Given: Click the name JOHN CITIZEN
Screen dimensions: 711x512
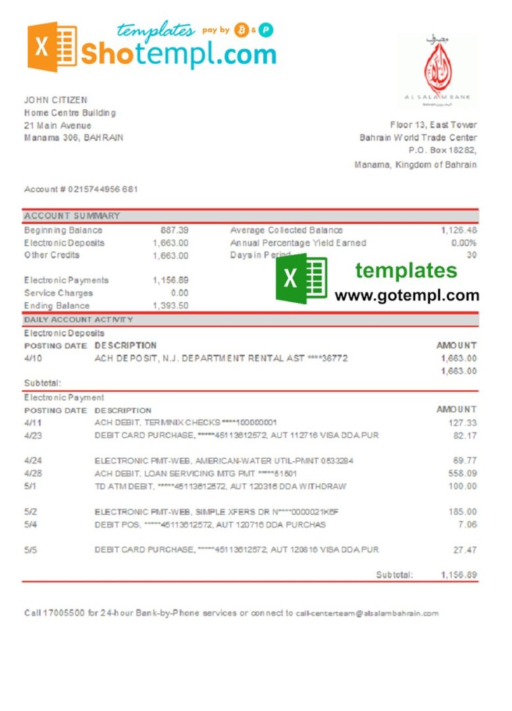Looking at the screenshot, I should pyautogui.click(x=55, y=100).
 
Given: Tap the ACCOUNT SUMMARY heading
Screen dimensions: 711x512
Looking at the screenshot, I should pyautogui.click(x=72, y=216).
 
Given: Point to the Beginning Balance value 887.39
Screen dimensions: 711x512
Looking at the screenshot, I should pyautogui.click(x=174, y=230).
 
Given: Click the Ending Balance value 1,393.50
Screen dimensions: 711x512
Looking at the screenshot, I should pyautogui.click(x=170, y=306).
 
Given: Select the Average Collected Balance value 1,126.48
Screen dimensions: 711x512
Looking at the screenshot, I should pyautogui.click(x=459, y=230).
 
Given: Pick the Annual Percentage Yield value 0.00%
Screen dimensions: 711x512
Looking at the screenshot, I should pyautogui.click(x=464, y=243).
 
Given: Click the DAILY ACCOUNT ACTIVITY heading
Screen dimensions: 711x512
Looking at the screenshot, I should pyautogui.click(x=78, y=320).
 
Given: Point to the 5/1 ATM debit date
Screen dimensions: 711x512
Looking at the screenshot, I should pyautogui.click(x=30, y=487).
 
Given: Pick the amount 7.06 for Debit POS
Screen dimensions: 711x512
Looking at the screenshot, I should pyautogui.click(x=467, y=525).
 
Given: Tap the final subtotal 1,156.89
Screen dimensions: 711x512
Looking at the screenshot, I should pyautogui.click(x=459, y=575).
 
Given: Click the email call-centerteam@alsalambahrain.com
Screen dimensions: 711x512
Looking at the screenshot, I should pyautogui.click(x=367, y=614).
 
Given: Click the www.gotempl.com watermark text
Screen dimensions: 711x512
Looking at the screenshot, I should pyautogui.click(x=407, y=296).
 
